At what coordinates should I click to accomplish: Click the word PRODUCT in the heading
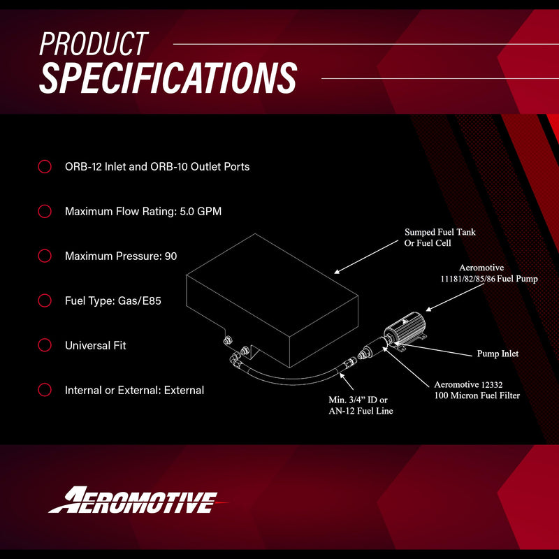tap(94, 44)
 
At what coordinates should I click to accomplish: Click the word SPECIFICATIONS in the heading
tap(168, 78)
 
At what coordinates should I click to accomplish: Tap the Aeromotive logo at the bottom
tap(133, 500)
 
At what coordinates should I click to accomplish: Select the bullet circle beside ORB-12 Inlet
tap(45, 167)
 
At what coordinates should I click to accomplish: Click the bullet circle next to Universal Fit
tap(45, 345)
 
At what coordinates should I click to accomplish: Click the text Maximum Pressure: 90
tap(121, 256)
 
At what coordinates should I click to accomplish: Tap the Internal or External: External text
tap(134, 390)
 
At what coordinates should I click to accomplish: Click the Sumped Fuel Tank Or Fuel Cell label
tap(440, 238)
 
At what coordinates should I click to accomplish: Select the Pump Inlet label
tap(498, 354)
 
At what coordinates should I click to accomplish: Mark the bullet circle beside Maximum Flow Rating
tap(45, 211)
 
